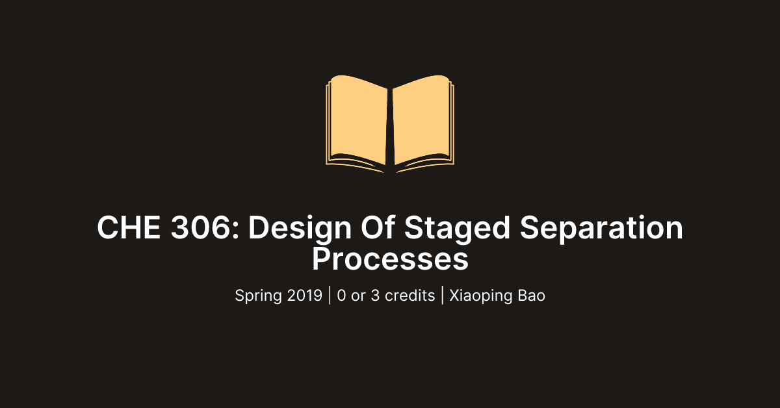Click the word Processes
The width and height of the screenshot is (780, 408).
point(390,259)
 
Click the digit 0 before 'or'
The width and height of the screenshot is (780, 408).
point(342,296)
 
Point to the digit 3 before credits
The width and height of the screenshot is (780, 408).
point(376,296)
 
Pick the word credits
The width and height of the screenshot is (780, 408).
point(409,296)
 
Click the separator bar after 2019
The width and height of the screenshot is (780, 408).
point(330,296)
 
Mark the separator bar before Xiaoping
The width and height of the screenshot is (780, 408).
point(442,296)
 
